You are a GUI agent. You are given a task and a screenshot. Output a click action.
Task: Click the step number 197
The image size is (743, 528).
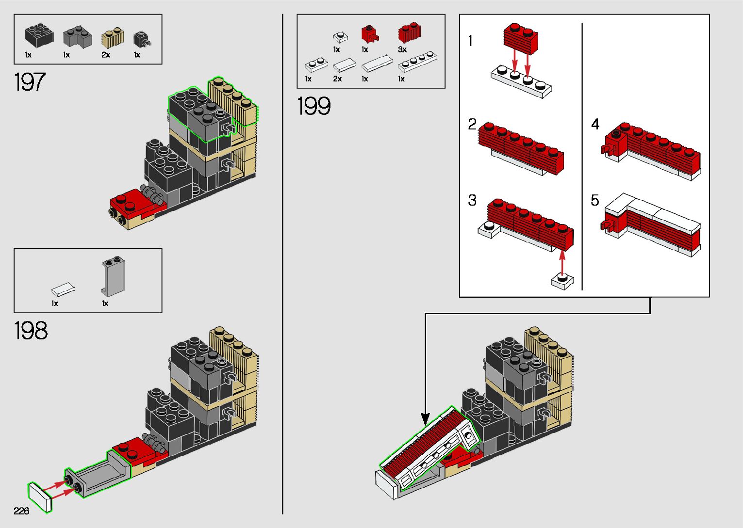pos(30,82)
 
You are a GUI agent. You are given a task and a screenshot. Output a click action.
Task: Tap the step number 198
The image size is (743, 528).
pos(31,330)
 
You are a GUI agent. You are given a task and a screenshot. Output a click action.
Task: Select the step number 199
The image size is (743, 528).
pos(314,106)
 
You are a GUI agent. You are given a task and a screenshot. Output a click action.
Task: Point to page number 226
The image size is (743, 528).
pos(21,511)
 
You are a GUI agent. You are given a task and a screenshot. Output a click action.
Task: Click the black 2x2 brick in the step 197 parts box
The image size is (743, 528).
pos(39,35)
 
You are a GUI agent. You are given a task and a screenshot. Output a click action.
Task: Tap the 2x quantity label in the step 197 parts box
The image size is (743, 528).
pos(106,55)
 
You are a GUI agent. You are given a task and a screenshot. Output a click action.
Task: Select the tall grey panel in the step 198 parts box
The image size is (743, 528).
pos(113,276)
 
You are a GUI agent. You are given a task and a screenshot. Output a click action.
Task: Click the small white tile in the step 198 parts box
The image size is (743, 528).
pos(63,289)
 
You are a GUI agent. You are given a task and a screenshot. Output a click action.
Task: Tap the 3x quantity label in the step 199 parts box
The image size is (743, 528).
pos(402,49)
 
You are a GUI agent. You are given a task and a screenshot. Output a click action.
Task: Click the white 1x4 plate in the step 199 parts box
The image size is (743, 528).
pos(417,62)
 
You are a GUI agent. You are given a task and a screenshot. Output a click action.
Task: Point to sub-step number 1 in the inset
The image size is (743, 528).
pos(470,41)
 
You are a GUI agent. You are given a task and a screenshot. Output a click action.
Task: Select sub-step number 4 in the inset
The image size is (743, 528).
pos(595,124)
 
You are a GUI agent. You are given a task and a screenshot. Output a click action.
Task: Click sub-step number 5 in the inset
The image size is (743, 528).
pos(595,200)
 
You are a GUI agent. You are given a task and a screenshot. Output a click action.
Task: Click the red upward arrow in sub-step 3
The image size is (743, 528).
pos(562,261)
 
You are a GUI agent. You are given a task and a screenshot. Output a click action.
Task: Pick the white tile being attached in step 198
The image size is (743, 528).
pos(40,497)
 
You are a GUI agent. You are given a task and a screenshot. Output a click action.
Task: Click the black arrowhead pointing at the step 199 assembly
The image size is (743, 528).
pos(425,419)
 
